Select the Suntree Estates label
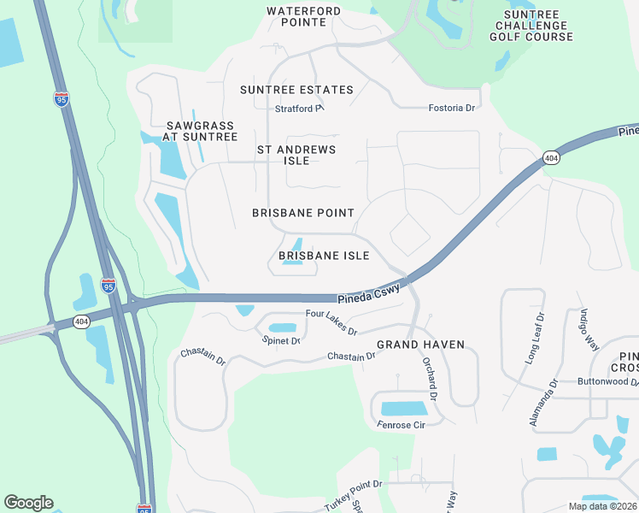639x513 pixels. [296, 90]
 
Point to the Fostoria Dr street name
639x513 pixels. [451, 108]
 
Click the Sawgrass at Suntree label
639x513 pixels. [200, 131]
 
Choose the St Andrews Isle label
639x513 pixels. [296, 155]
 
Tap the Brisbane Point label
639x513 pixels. [303, 213]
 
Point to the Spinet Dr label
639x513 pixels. [281, 341]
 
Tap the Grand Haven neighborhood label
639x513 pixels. [421, 345]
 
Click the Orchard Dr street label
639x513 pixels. [429, 380]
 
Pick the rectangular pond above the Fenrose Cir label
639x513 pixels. [405, 408]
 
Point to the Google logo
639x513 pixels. [28, 503]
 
